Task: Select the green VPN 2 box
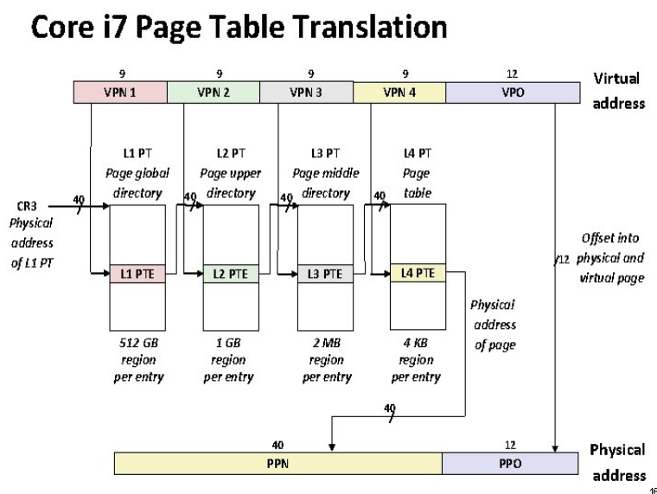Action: click(213, 92)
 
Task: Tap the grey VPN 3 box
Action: click(306, 92)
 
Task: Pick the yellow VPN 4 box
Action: click(399, 92)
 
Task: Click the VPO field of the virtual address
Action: click(513, 92)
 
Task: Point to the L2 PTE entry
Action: click(229, 274)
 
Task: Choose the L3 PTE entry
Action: click(324, 274)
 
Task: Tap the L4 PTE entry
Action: click(417, 273)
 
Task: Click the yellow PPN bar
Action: click(278, 464)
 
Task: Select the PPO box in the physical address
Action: click(510, 464)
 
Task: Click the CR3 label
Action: click(27, 206)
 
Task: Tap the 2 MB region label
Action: click(326, 342)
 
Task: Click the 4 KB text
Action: click(415, 342)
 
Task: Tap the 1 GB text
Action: click(229, 342)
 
